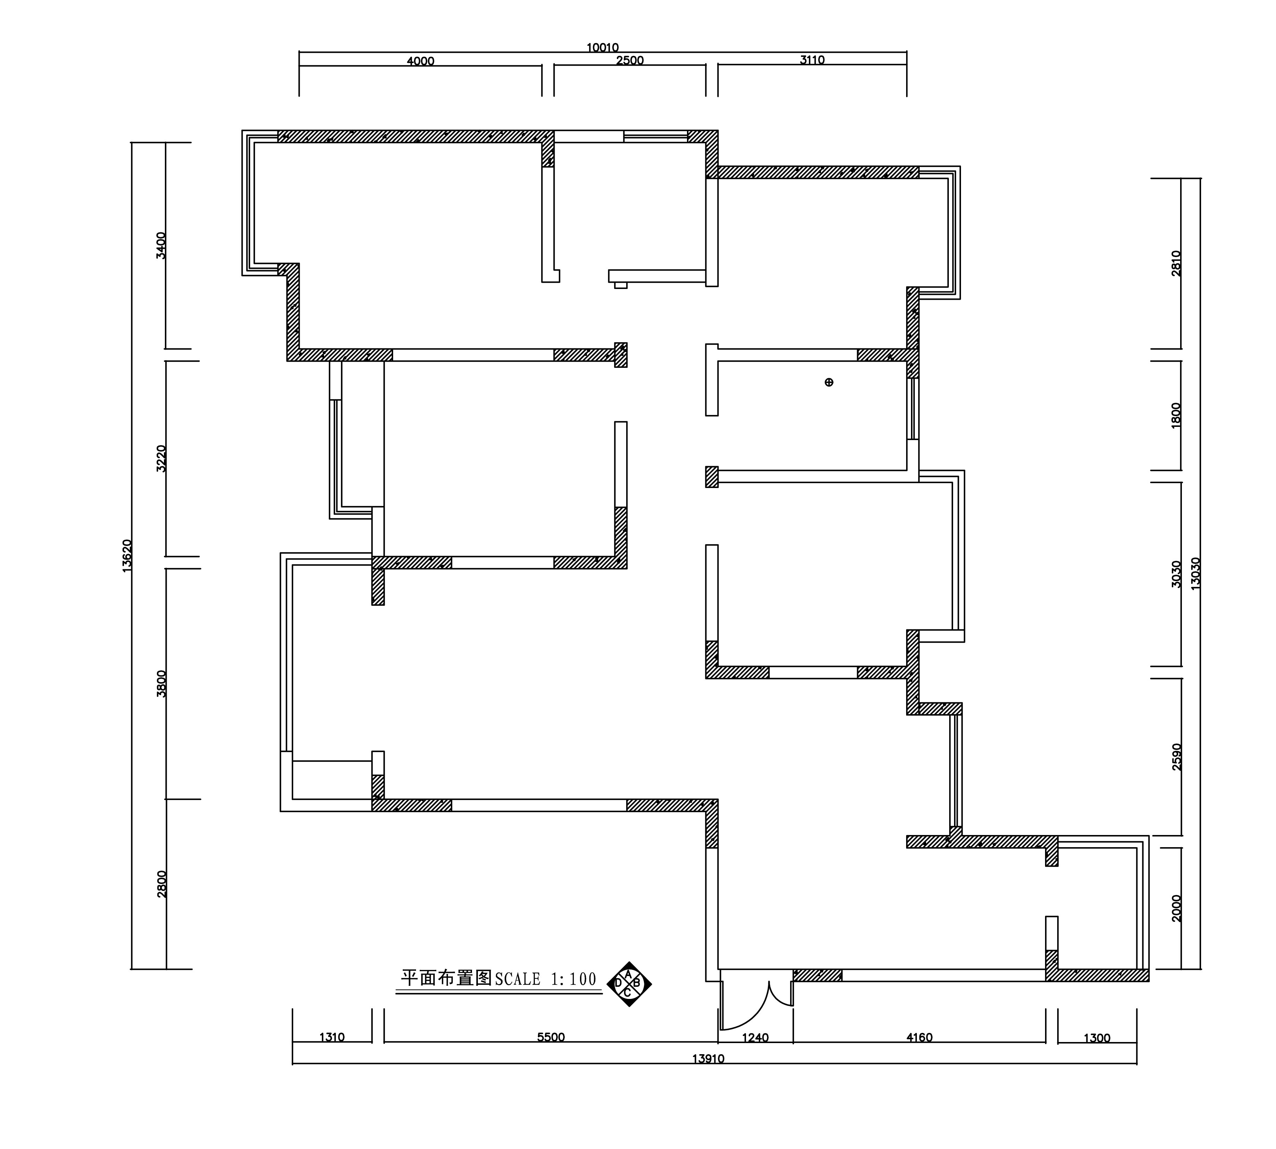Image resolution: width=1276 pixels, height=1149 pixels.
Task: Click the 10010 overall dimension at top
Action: pyautogui.click(x=602, y=47)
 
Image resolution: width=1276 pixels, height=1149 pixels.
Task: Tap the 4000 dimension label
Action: pyautogui.click(x=421, y=61)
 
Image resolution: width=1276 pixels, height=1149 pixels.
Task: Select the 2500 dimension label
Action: pyautogui.click(x=629, y=60)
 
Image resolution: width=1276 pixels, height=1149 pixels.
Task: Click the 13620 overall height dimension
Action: pyautogui.click(x=126, y=555)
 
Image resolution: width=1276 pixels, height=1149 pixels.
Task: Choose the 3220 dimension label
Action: pyautogui.click(x=161, y=458)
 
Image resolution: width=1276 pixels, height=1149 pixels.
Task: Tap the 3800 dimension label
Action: pyautogui.click(x=161, y=683)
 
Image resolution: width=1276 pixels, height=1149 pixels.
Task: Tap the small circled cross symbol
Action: pyautogui.click(x=829, y=382)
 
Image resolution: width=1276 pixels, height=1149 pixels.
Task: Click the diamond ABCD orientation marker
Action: pyautogui.click(x=629, y=983)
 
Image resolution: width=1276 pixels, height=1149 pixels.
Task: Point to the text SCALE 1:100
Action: pyautogui.click(x=546, y=979)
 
